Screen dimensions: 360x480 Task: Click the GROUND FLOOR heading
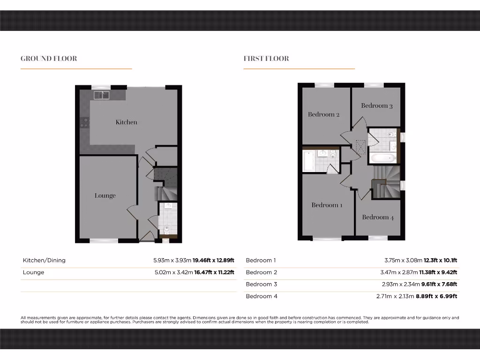(49, 59)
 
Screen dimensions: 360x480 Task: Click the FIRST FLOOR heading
(266, 59)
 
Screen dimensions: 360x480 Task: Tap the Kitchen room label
(127, 122)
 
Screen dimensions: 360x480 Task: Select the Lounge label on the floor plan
(105, 195)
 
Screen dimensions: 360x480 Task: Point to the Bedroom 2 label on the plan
(324, 114)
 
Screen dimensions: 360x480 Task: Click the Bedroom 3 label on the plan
(377, 105)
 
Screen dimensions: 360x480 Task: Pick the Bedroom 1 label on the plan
(327, 205)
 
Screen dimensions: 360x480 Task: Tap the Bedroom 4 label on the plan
(378, 217)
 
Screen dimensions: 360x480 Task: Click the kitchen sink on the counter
(101, 95)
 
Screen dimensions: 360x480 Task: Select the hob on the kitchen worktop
(85, 123)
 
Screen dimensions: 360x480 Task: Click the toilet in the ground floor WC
(167, 229)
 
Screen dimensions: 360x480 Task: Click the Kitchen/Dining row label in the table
(44, 260)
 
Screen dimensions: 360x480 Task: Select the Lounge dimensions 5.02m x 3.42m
(173, 272)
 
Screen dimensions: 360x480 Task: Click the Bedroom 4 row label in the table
(262, 296)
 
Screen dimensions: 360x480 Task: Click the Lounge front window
(104, 241)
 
